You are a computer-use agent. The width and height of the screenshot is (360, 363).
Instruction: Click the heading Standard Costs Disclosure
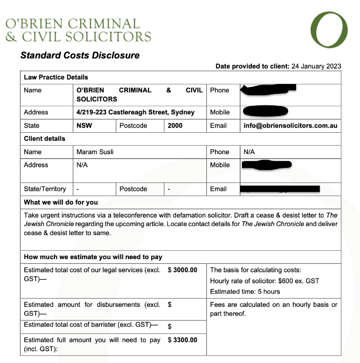[80, 55]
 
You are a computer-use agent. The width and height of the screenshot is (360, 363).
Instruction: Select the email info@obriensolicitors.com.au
[290, 126]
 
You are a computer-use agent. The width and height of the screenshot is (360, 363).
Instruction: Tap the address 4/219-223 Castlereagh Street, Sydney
[135, 112]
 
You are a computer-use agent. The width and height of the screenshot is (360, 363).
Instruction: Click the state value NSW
[84, 126]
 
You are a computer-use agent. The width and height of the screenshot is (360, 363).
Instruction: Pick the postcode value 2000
[175, 126]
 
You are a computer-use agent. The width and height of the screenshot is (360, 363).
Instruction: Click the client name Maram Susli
[95, 152]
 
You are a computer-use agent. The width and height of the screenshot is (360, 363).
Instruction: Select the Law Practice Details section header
[56, 77]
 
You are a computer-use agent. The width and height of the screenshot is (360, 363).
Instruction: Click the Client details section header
[45, 139]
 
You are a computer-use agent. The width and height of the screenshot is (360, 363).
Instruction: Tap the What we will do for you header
[61, 202]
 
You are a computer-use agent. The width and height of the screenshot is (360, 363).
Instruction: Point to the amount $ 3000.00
[183, 270]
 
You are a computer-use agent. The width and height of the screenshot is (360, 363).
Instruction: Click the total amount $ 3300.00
[183, 340]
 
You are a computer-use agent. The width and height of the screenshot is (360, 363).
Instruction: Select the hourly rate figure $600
[288, 281]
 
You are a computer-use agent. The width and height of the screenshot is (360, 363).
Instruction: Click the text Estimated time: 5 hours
[245, 292]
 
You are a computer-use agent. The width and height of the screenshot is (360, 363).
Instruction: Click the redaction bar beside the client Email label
[280, 189]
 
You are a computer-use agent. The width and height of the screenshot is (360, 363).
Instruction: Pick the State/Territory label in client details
[45, 189]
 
